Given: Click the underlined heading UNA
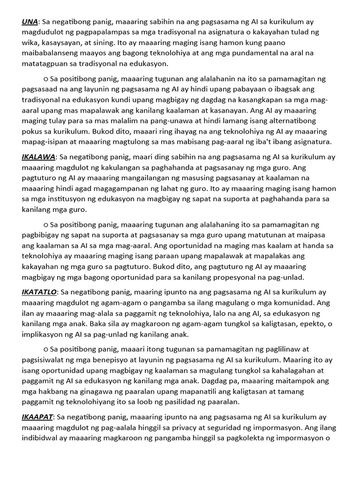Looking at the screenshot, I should click(30, 22).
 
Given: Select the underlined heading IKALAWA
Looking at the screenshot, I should click(38, 157).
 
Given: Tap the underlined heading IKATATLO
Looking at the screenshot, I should click(39, 292).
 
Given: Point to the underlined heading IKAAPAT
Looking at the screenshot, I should click(37, 417).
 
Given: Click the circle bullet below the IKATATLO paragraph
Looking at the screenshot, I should click(45, 350).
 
